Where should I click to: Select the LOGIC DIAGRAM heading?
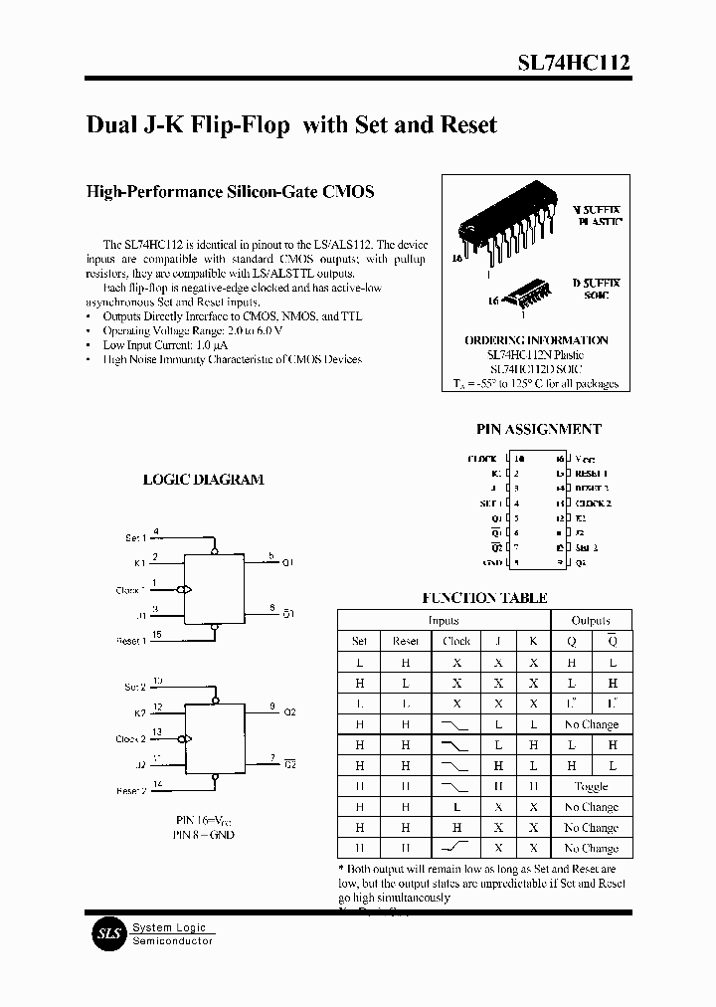(203, 479)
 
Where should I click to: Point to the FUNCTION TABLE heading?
(484, 598)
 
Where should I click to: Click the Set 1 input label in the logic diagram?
(135, 537)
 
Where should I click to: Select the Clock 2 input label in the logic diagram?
(130, 739)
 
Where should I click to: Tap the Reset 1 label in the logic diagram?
(131, 641)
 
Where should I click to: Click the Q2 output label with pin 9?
(289, 712)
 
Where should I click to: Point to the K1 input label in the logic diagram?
(140, 563)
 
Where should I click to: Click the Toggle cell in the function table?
(591, 786)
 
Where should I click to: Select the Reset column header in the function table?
(406, 641)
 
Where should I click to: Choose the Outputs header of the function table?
(591, 620)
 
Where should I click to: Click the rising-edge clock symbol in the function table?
(456, 848)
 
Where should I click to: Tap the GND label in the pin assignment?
(490, 562)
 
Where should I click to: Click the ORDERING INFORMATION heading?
(536, 340)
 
